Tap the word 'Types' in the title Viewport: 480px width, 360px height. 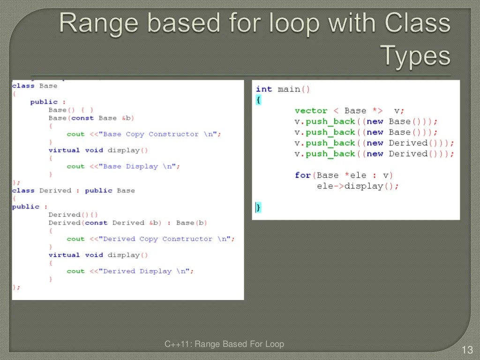tap(415, 56)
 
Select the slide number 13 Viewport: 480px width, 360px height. tap(467, 350)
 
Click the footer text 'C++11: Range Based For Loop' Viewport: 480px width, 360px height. tap(224, 344)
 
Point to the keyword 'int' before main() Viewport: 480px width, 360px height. tap(263, 89)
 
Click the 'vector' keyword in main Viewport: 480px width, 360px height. tap(311, 111)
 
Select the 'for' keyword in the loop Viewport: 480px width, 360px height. tap(303, 175)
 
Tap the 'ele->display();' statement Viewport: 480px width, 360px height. tap(358, 186)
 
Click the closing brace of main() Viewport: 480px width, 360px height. tap(258, 207)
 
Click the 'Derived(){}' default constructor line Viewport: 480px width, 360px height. tap(73, 215)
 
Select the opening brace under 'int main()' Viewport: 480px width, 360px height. tap(258, 100)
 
